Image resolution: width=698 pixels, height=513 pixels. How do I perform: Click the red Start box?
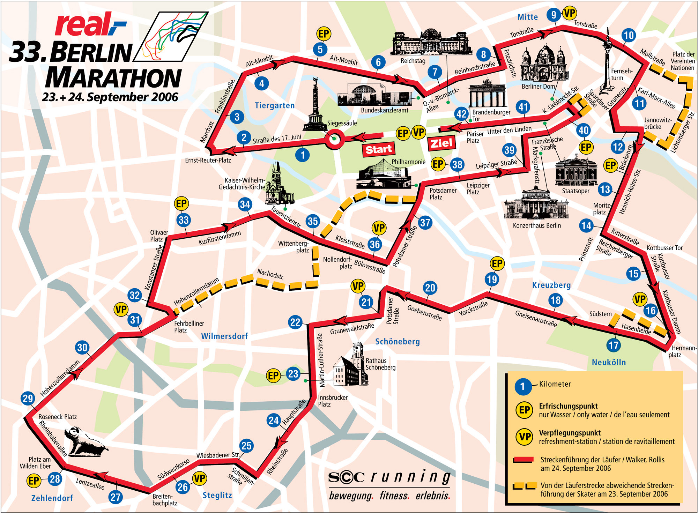pyautogui.click(x=379, y=149)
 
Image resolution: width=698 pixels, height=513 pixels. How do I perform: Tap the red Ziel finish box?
pyautogui.click(x=441, y=143)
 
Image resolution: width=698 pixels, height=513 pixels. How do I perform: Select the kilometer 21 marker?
pyautogui.click(x=366, y=302)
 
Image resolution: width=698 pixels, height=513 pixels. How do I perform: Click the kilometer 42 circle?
pyautogui.click(x=461, y=114)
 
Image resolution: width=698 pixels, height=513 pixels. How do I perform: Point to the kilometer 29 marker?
pyautogui.click(x=28, y=398)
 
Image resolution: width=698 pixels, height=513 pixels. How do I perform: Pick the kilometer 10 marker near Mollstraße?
pyautogui.click(x=628, y=35)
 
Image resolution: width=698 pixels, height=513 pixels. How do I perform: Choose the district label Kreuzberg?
pyautogui.click(x=551, y=285)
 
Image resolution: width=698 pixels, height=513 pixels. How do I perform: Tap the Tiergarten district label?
pyautogui.click(x=275, y=105)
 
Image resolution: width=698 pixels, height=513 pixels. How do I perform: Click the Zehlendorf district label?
pyautogui.click(x=52, y=498)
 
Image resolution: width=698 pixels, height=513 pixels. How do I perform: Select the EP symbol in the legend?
pyautogui.click(x=524, y=410)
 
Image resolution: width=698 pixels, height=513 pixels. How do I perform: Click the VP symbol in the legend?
pyautogui.click(x=524, y=437)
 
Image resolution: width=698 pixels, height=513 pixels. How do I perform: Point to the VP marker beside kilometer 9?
pyautogui.click(x=570, y=14)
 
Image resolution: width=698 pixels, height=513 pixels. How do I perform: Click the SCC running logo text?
pyautogui.click(x=389, y=477)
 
